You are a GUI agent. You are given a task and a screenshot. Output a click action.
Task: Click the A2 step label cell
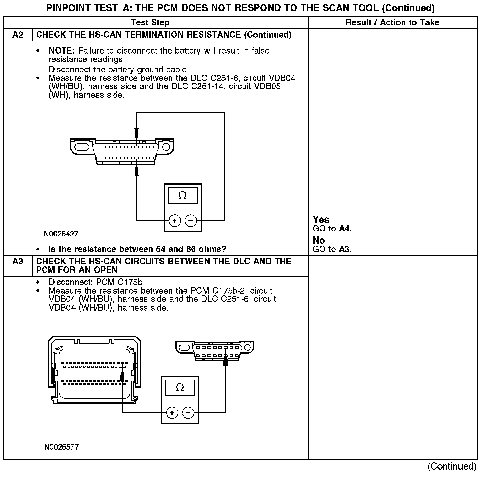point(18,35)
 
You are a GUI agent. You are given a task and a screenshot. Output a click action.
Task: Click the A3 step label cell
point(18,262)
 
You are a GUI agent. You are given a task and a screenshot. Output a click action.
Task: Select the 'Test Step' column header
point(150,23)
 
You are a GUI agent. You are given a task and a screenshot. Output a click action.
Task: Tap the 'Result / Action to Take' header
point(392,23)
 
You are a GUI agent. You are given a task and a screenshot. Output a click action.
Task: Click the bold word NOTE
point(62,51)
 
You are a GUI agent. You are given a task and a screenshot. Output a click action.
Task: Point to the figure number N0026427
point(61,234)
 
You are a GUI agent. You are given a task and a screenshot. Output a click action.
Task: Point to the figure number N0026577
point(61,447)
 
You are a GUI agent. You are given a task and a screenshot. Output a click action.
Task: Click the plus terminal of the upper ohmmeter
point(175,221)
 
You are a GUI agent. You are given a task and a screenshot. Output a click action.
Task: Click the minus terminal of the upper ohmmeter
point(191,221)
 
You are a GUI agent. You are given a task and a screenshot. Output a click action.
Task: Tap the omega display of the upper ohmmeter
point(183,195)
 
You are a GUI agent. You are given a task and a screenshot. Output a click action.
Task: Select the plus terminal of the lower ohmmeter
point(172,413)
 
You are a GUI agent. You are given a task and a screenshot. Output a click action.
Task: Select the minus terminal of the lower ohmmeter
point(188,413)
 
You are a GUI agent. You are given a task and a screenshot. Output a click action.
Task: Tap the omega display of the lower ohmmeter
point(180,388)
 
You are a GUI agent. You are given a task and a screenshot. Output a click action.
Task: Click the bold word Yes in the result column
point(321,220)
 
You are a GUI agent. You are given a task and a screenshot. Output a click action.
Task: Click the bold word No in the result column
point(319,241)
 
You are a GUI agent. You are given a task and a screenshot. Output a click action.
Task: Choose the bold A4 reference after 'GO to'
point(344,229)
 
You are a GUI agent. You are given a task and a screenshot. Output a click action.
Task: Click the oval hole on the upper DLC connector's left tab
point(82,147)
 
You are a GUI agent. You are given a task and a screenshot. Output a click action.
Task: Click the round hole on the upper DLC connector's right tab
point(166,147)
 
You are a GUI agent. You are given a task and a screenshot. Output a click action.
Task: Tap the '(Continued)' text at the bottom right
point(452,466)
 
